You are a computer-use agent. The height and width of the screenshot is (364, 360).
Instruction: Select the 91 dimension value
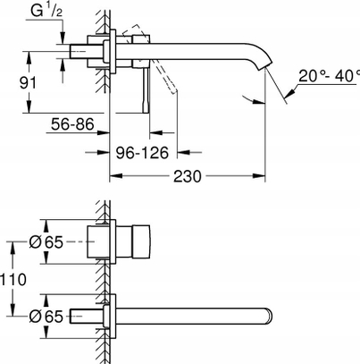tap(28, 82)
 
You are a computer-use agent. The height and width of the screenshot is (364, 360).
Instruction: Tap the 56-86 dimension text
tap(72, 123)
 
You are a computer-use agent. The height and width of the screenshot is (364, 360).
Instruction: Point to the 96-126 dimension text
tap(142, 153)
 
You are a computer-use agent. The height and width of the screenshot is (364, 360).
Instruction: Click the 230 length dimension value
tap(188, 176)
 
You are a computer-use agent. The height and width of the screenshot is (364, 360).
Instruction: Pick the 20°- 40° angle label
tap(329, 76)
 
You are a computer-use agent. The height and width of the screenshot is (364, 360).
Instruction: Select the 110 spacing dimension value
tap(13, 280)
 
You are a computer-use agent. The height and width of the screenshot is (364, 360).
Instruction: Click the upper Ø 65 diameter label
tap(46, 242)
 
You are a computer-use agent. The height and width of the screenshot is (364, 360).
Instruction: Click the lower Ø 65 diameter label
tap(46, 317)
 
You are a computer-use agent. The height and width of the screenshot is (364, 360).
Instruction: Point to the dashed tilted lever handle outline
tap(149, 59)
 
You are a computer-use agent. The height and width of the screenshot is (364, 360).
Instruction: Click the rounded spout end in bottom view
tap(268, 317)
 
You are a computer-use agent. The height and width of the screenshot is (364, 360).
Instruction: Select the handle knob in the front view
tap(141, 241)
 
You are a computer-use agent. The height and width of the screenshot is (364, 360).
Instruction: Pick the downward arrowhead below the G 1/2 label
tap(63, 38)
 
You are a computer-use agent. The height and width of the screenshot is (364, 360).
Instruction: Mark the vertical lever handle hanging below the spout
tap(146, 90)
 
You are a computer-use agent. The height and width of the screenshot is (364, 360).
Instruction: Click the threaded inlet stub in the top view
tap(79, 52)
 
